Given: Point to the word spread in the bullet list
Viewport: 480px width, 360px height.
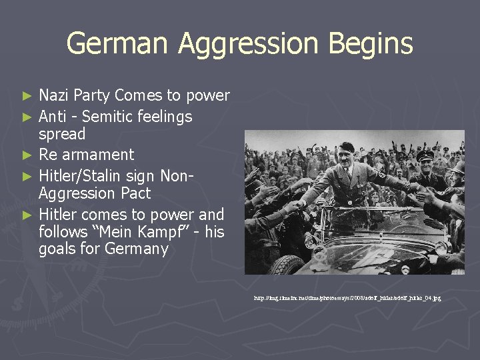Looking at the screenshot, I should tap(62, 134).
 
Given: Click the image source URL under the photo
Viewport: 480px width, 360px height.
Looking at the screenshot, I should tap(347, 298).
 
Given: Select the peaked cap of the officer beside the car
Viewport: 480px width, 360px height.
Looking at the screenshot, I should tap(425, 155).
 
